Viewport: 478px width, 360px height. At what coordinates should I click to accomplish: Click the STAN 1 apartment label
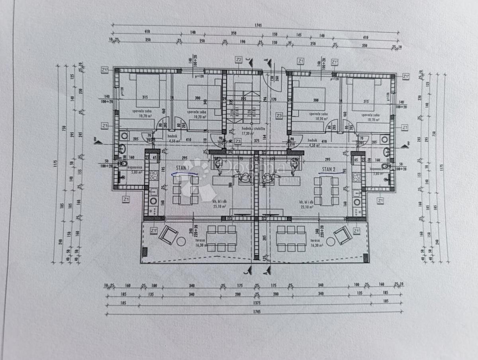[x=182, y=169]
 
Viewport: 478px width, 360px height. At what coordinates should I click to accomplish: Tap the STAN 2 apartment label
[x=329, y=169]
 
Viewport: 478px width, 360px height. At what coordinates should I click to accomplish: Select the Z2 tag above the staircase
[x=239, y=60]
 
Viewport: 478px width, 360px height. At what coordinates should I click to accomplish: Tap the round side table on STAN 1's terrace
[x=181, y=242]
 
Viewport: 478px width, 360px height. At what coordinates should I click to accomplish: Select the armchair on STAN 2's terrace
[x=343, y=235]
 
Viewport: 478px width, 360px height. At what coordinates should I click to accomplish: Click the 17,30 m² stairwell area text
[x=247, y=134]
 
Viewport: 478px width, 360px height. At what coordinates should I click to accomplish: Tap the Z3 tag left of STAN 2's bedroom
[x=279, y=116]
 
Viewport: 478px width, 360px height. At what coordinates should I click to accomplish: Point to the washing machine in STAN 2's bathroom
[x=384, y=139]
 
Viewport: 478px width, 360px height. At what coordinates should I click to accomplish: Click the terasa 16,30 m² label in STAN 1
[x=200, y=243]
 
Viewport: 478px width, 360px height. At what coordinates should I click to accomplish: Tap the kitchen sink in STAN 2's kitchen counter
[x=357, y=202]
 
